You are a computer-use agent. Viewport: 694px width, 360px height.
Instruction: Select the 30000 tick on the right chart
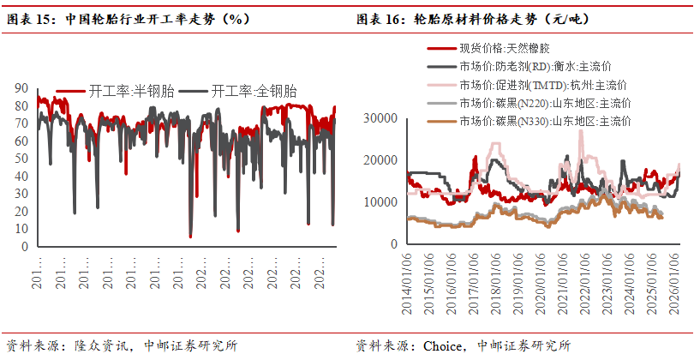pyautogui.click(x=382, y=118)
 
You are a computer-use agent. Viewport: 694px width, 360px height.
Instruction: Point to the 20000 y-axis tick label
pyautogui.click(x=382, y=160)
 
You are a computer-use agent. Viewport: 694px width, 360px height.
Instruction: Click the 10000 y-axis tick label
pyautogui.click(x=382, y=202)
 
